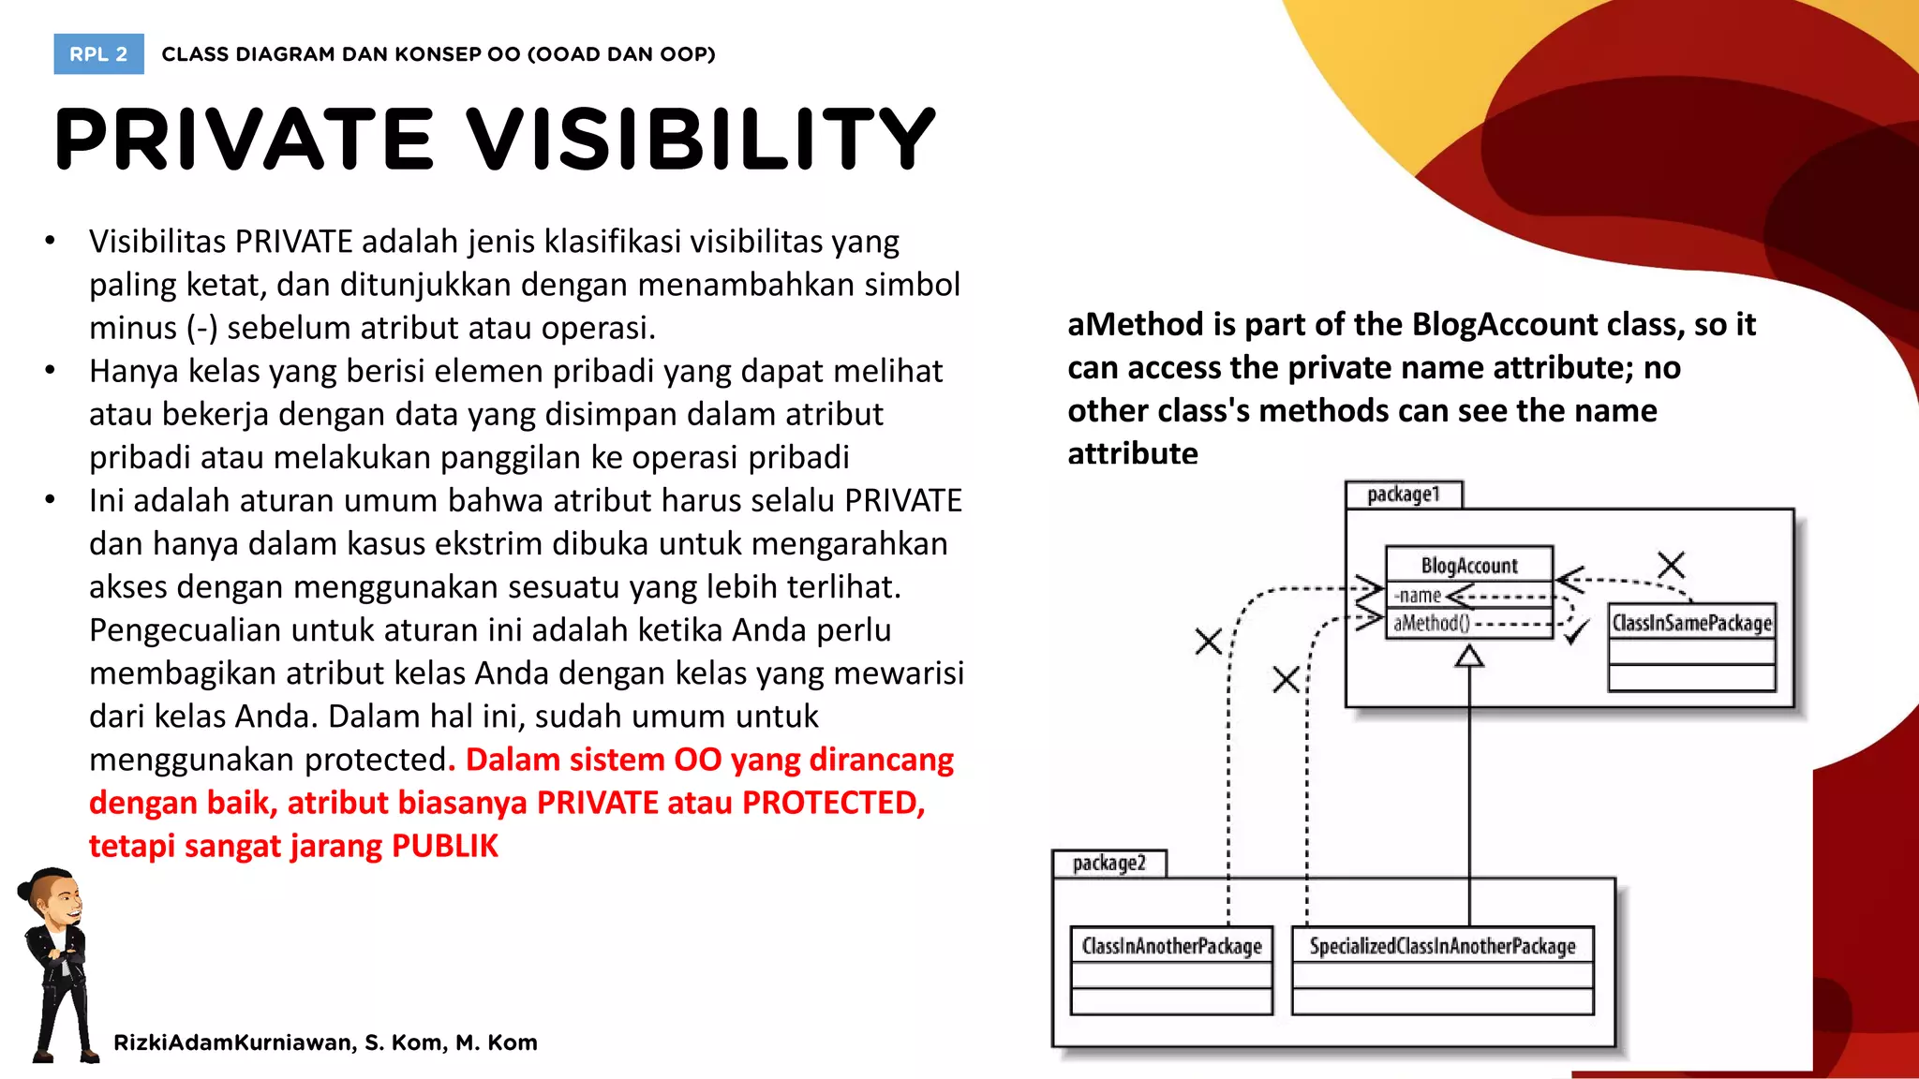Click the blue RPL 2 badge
(98, 54)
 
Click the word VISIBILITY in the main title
(701, 140)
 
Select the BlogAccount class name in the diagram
(1468, 566)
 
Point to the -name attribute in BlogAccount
(1417, 596)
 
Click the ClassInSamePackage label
(1691, 623)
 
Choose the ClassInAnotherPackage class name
(1171, 946)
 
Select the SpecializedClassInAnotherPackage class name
(1442, 946)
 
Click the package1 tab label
(1403, 495)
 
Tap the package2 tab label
(1108, 863)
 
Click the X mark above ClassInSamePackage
(1671, 565)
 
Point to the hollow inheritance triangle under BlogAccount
(1469, 657)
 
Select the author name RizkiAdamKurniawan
(233, 1042)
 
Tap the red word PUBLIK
(444, 846)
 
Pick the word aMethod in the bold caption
(1135, 324)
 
